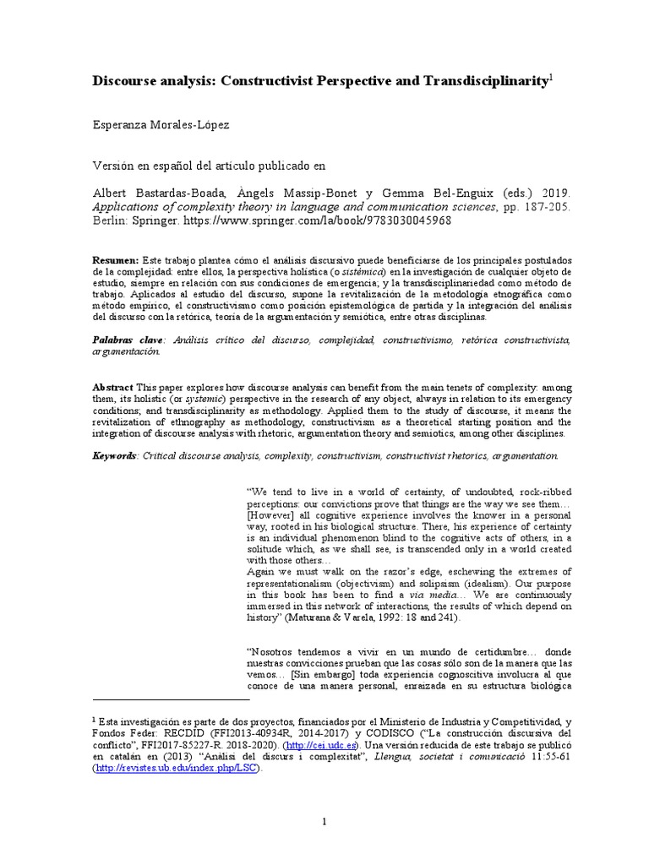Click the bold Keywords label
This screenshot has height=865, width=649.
(x=115, y=454)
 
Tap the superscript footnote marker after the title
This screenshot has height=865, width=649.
(x=551, y=75)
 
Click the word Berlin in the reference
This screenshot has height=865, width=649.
(x=109, y=220)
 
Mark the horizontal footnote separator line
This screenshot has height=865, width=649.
(x=170, y=699)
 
